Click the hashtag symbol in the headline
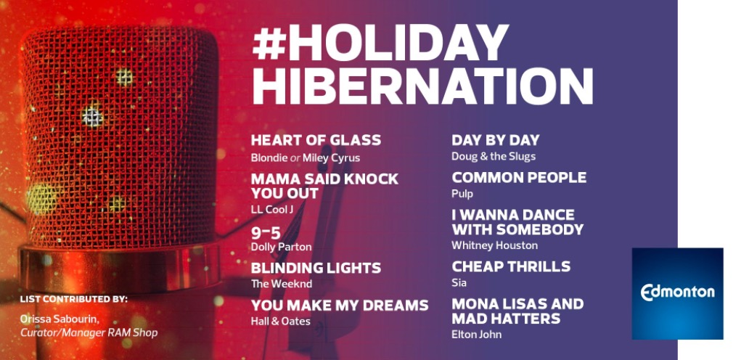[x=269, y=43]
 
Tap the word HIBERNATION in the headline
[x=422, y=86]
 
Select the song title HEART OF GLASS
[x=316, y=140]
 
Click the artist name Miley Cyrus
[x=331, y=157]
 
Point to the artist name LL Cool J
[x=271, y=209]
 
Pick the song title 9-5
[x=266, y=233]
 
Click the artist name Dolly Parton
[x=281, y=247]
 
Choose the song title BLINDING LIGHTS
[x=316, y=268]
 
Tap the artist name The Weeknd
[x=282, y=284]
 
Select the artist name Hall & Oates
[x=280, y=322]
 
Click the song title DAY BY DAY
[x=496, y=140]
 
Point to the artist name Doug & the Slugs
[x=494, y=157]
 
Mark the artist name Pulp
[x=462, y=194]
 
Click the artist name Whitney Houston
[x=494, y=245]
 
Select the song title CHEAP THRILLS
[x=511, y=266]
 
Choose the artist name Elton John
[x=476, y=334]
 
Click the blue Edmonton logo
[x=677, y=293]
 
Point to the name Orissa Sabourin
[x=60, y=319]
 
